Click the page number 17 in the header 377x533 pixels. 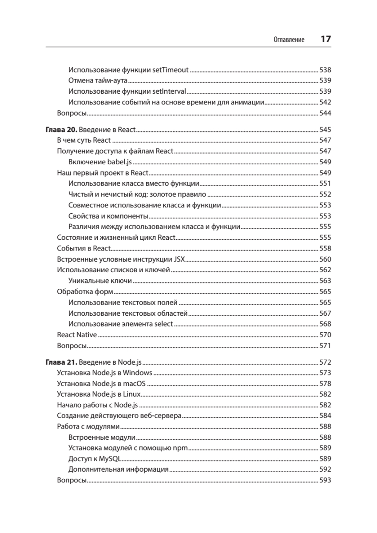pyautogui.click(x=325, y=39)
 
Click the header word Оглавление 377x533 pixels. pyautogui.click(x=289, y=40)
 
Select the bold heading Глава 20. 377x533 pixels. pyautogui.click(x=62, y=131)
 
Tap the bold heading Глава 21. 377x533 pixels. pyautogui.click(x=62, y=362)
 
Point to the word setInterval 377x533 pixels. pyautogui.click(x=169, y=91)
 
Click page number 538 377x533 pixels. pyautogui.click(x=325, y=70)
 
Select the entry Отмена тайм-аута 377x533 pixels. pyautogui.click(x=98, y=81)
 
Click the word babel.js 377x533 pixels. pyautogui.click(x=120, y=162)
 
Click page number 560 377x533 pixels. pyautogui.click(x=325, y=259)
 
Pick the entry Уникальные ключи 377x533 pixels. pyautogui.click(x=100, y=281)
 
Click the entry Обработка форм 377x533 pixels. pyautogui.click(x=85, y=292)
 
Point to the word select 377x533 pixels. pyautogui.click(x=164, y=324)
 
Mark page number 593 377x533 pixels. pyautogui.click(x=325, y=481)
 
